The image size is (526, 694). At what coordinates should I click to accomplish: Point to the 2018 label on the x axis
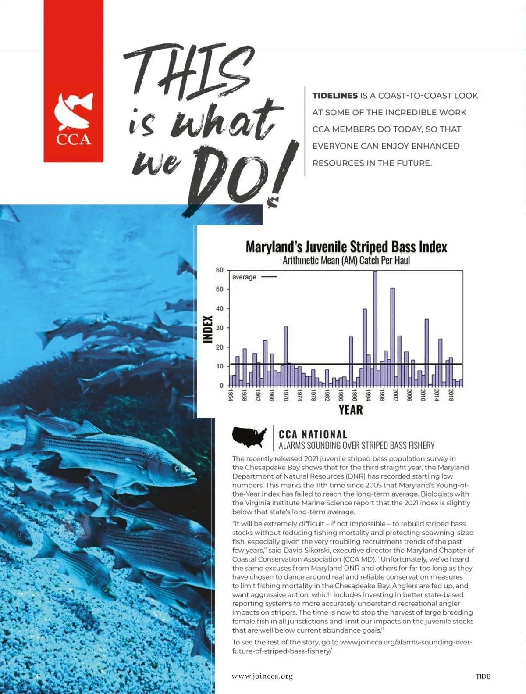point(451,395)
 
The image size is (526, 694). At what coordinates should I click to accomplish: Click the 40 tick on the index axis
point(220,308)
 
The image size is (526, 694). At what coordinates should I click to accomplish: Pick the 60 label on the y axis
point(220,270)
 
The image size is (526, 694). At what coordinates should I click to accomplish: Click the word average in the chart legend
point(244,277)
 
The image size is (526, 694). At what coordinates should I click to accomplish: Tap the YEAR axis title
point(351,410)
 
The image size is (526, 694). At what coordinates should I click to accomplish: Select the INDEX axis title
point(208,329)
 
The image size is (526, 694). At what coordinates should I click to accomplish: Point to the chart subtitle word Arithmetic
point(301,261)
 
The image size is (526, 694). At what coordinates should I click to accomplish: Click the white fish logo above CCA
point(73,111)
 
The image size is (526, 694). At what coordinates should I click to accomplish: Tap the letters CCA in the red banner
point(73,140)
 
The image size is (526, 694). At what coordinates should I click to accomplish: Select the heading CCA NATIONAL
point(313,434)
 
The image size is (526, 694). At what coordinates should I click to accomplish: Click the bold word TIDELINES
point(335,96)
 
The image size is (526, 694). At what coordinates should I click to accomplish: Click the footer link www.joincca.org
point(262,676)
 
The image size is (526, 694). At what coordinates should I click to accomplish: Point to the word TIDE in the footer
point(483,676)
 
